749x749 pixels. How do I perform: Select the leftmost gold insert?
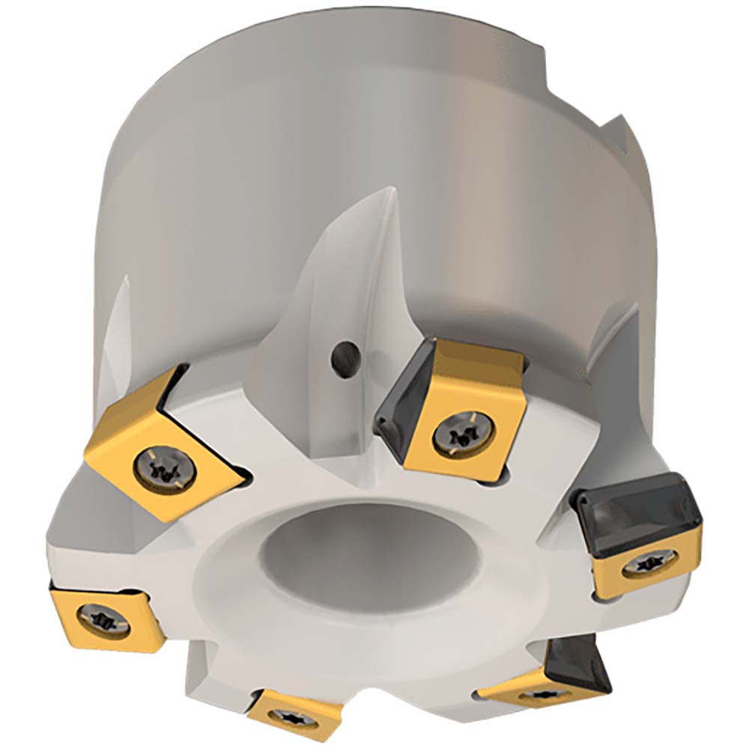click(101, 618)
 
